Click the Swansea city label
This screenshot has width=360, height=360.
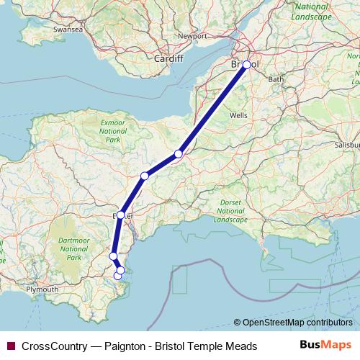[x=65, y=30]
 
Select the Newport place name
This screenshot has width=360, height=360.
[x=192, y=35]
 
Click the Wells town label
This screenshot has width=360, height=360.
[x=238, y=115]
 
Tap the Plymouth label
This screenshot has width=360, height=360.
[x=42, y=289]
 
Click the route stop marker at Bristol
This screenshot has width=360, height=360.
[x=247, y=65]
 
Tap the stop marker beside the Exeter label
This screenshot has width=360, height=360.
[x=121, y=215]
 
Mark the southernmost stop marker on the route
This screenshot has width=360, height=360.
[x=117, y=276]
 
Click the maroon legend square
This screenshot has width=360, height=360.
[x=10, y=346]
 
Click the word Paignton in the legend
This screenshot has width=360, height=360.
[x=127, y=346]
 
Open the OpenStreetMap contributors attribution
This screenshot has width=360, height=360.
[x=297, y=323]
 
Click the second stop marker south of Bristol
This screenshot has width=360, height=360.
[x=145, y=176]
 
